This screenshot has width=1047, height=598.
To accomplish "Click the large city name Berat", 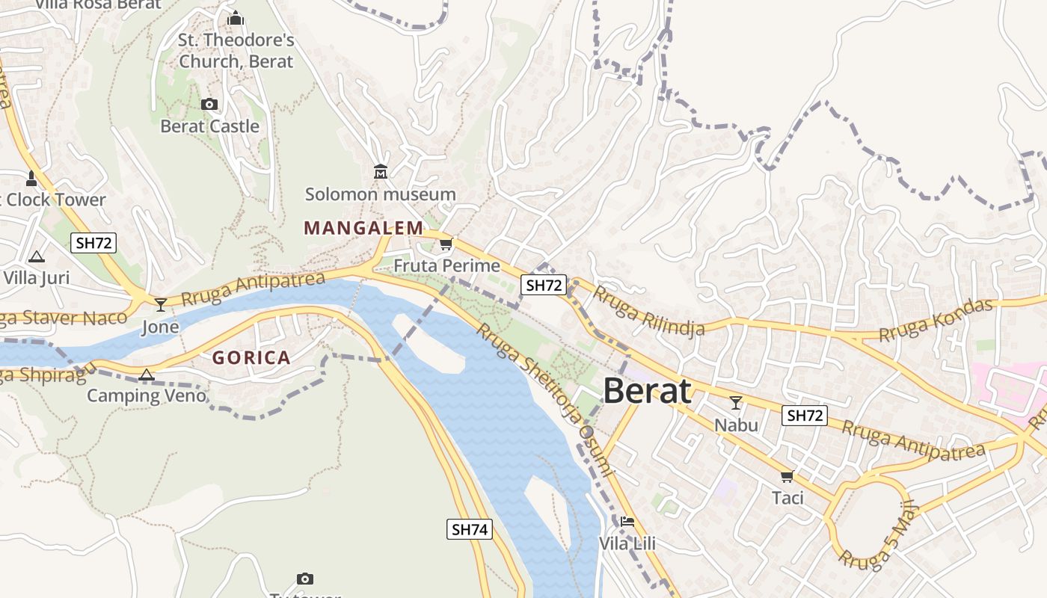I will (646, 391).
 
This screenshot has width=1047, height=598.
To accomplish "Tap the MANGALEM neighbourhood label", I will (363, 228).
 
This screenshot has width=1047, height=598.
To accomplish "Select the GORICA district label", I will (251, 357).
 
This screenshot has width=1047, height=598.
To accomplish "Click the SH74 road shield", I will (470, 529).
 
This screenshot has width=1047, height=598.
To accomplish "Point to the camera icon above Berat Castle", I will (209, 104).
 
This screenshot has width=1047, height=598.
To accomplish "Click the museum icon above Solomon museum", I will (381, 172).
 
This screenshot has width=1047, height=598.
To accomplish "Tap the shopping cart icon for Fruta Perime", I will (446, 244).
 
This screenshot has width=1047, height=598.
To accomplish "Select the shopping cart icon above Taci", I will (787, 476).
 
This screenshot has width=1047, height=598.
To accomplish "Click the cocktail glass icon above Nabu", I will (736, 403).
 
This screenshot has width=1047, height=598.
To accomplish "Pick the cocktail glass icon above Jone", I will (161, 304).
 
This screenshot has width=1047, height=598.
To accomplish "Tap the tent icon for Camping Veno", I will (147, 374).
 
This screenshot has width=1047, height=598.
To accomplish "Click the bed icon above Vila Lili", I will (627, 521).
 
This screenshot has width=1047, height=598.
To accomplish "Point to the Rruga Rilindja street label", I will (648, 310).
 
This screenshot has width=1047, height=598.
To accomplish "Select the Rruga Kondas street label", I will (936, 320).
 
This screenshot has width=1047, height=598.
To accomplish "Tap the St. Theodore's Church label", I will (236, 50).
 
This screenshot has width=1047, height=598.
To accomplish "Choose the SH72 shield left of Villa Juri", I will (94, 242).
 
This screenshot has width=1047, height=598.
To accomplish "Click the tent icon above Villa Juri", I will (36, 256).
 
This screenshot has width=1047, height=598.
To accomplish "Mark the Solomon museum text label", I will (380, 194).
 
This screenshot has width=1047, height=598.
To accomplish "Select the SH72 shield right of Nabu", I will (805, 416).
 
